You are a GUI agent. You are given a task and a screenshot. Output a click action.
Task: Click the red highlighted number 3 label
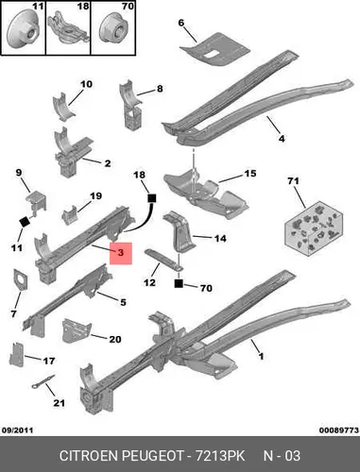121,253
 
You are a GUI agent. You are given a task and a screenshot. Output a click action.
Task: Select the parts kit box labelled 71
313,228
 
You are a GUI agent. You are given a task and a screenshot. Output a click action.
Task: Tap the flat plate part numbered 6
215,49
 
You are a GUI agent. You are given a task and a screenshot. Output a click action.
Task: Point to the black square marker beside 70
179,283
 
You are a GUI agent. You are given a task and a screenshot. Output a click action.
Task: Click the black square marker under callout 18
152,198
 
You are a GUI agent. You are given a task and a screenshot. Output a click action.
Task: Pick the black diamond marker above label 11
25,222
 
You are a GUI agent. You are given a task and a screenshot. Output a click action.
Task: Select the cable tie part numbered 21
43,381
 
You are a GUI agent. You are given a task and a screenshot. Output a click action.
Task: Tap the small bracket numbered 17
16,354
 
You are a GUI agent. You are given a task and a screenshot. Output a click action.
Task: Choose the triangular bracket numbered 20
77,330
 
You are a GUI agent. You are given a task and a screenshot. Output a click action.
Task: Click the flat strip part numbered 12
163,259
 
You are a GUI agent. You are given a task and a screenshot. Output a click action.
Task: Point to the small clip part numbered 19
70,215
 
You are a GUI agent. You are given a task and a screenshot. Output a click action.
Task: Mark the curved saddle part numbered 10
64,107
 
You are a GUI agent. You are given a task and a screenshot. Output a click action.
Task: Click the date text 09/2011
18,430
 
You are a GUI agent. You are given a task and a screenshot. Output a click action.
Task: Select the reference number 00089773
339,430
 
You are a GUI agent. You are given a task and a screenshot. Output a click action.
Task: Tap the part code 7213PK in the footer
220,456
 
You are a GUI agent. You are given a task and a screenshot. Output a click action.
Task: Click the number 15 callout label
250,174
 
